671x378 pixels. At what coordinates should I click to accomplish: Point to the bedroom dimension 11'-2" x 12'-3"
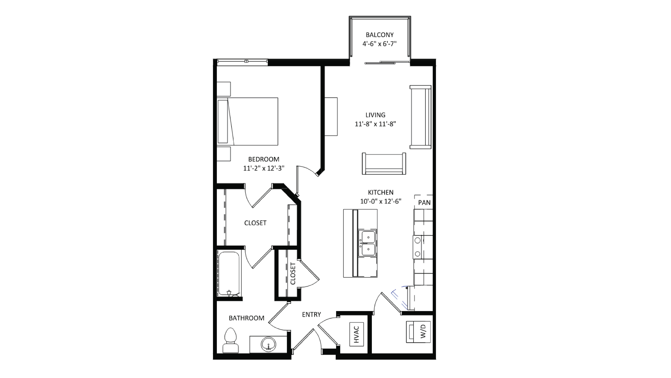click(x=264, y=168)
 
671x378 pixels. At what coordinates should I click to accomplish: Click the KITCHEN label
click(x=381, y=192)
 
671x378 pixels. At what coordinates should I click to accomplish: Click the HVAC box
click(x=356, y=334)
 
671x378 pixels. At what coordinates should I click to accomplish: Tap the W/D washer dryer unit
click(x=418, y=332)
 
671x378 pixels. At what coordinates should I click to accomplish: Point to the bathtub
click(x=229, y=273)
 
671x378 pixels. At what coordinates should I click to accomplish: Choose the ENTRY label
click(x=311, y=315)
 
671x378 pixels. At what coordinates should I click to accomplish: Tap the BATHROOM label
click(x=246, y=318)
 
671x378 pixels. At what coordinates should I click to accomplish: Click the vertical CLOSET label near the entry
click(x=293, y=273)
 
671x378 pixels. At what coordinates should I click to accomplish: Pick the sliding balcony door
click(x=387, y=63)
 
